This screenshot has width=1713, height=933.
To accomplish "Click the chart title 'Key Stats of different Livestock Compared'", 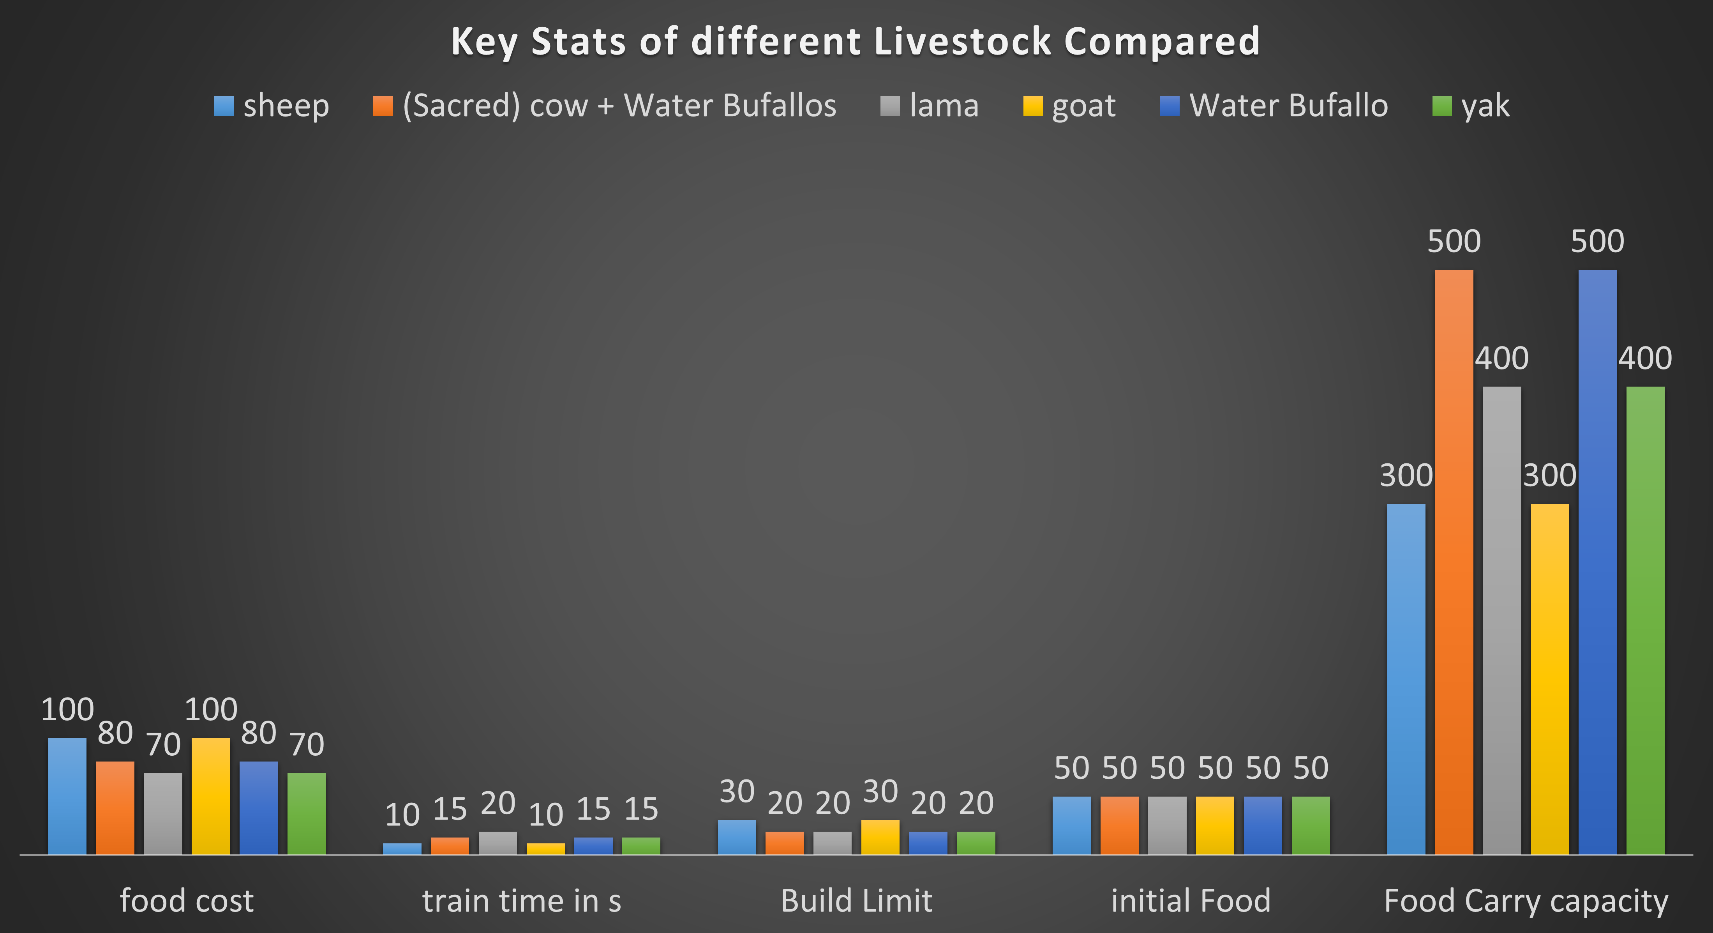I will [855, 41].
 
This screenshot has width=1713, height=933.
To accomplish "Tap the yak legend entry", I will [1471, 106].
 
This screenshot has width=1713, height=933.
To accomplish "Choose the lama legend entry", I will [929, 106].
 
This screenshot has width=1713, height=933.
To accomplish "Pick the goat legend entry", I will [1069, 106].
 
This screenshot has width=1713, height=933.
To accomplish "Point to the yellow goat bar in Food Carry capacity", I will [1549, 678].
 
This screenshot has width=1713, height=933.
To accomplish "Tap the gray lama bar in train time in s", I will [497, 843].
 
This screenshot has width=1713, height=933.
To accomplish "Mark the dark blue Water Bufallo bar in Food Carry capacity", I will [1597, 562].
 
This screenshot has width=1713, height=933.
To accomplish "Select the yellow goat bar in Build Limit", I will [880, 837].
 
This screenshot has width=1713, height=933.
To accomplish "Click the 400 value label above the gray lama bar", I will [1501, 359].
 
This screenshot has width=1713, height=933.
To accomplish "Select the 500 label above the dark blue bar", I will [1597, 241].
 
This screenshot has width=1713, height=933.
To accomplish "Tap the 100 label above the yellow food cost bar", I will [211, 710].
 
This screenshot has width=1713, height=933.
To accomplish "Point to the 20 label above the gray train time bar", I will [497, 803].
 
